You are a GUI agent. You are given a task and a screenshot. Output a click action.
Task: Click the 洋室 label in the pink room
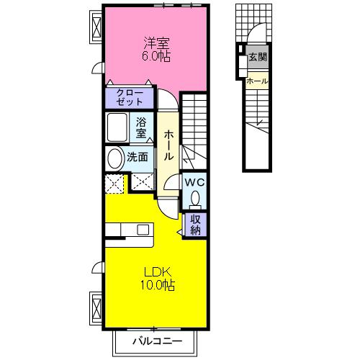click(x=156, y=42)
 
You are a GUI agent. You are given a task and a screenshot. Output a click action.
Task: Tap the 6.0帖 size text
click(x=156, y=56)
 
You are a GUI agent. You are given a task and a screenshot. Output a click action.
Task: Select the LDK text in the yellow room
click(x=158, y=272)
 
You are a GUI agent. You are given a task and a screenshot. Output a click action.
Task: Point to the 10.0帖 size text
click(x=158, y=285)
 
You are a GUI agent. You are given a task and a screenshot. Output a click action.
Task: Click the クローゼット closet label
click(x=130, y=97)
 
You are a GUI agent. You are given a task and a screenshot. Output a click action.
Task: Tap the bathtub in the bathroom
click(x=117, y=127)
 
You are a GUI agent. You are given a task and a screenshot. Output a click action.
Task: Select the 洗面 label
click(x=138, y=158)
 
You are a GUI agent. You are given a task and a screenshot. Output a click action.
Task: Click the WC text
click(x=194, y=183)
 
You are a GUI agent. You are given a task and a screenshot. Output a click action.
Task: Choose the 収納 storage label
click(x=195, y=225)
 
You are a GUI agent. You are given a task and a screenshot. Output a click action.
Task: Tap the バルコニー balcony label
click(x=158, y=341)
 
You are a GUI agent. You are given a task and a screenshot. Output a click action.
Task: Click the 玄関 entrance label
click(x=258, y=57)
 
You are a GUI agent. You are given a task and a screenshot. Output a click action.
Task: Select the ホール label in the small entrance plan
click(x=257, y=81)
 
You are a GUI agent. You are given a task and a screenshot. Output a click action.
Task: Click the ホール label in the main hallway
click(x=168, y=145)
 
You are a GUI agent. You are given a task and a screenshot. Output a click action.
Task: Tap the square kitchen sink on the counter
click(x=143, y=230)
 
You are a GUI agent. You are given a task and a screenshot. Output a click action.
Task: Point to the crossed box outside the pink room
click(x=96, y=27)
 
